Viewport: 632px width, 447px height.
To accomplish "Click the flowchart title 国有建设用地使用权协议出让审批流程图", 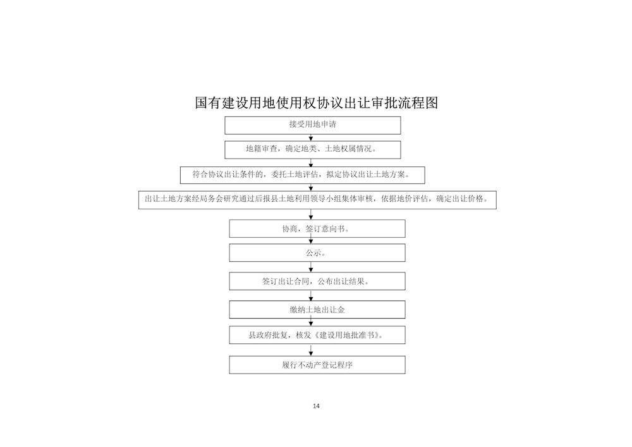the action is point(317,103).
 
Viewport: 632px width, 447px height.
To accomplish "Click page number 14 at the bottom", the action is point(316,406).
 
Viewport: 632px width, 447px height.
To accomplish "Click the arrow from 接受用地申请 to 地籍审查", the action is point(311,137).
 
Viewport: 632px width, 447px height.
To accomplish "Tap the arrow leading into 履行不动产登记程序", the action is point(311,350).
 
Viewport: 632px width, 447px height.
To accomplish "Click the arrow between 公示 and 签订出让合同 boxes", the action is point(311,267).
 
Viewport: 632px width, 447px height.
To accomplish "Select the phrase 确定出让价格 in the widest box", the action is point(459,199).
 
